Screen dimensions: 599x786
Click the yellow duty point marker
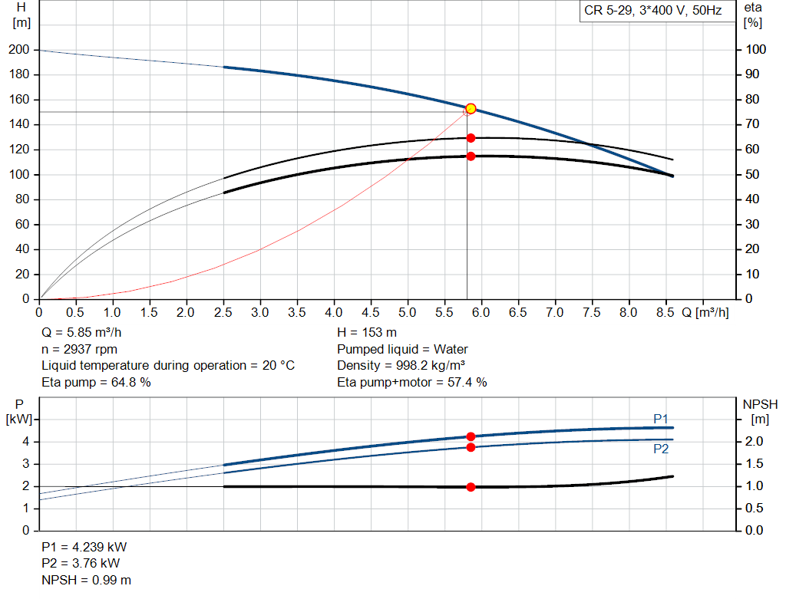click(x=471, y=109)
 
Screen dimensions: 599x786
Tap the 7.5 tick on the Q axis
click(x=592, y=313)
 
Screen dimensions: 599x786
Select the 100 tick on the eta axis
click(x=756, y=50)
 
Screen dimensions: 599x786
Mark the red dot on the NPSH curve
click(x=471, y=487)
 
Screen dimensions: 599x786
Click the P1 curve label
click(x=661, y=418)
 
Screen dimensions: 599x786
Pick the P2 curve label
click(x=661, y=449)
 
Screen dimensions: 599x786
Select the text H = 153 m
click(x=367, y=333)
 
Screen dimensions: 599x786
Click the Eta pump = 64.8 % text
click(x=96, y=381)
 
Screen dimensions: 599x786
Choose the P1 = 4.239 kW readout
click(x=84, y=548)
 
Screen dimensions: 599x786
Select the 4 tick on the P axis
click(x=25, y=442)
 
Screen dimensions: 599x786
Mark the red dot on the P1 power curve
click(x=471, y=436)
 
